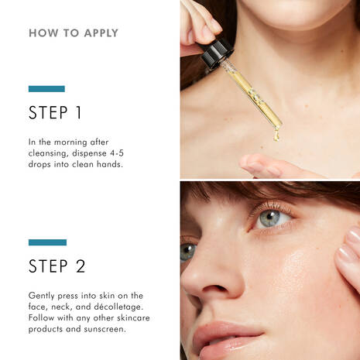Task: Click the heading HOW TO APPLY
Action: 74,33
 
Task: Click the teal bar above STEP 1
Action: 46,89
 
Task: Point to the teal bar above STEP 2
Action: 46,242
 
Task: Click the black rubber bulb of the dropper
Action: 216,52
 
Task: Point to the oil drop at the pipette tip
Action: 275,137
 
